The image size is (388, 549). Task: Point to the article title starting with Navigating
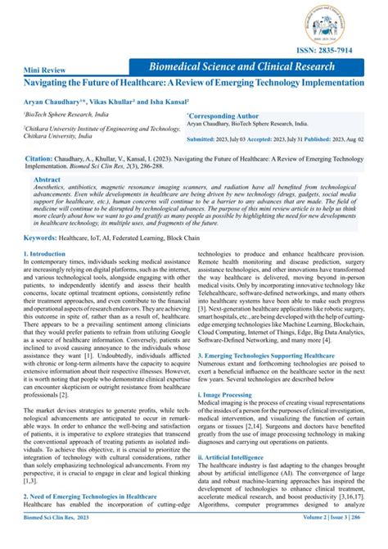point(193,84)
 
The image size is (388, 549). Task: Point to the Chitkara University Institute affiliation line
point(102,129)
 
